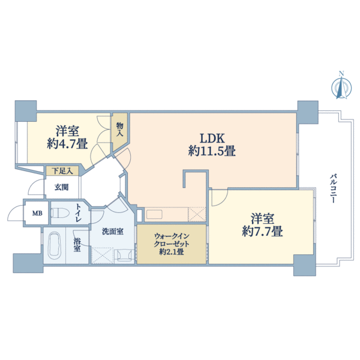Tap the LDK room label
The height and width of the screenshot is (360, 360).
click(211, 137)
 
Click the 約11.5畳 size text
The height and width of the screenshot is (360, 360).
click(211, 151)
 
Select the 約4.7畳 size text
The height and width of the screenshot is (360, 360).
click(67, 144)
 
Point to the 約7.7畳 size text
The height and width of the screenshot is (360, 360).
click(262, 231)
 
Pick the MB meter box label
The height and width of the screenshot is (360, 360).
click(37, 212)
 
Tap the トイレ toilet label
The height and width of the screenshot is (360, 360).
click(79, 212)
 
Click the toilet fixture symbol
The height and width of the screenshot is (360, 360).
click(61, 212)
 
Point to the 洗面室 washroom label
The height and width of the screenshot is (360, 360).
click(112, 230)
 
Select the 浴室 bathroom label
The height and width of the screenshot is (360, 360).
click(77, 245)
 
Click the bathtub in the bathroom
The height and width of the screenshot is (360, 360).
click(54, 245)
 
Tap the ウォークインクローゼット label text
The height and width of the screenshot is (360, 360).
click(172, 240)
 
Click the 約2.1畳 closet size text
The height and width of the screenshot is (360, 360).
click(172, 253)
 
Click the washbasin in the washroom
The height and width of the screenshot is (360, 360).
click(126, 254)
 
